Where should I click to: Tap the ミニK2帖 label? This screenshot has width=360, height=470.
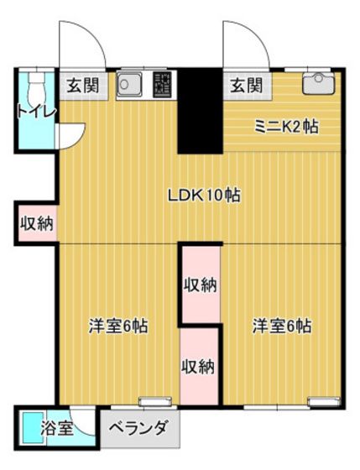(x=286, y=127)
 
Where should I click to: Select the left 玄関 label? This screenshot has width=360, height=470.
(x=82, y=85)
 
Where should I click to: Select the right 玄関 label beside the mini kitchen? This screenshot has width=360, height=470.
(x=245, y=85)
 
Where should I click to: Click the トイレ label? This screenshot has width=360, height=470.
(x=34, y=112)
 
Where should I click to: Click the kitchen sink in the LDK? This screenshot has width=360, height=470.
(x=129, y=84)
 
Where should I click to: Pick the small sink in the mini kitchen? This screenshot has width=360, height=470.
(x=317, y=81)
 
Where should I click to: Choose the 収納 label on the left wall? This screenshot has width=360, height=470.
(x=37, y=223)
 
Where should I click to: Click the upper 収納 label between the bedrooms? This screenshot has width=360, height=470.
(x=201, y=285)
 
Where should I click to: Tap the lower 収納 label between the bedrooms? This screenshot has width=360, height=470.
(x=200, y=366)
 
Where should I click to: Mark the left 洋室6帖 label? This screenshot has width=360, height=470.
(x=118, y=326)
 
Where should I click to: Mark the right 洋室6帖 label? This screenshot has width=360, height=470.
(x=282, y=326)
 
